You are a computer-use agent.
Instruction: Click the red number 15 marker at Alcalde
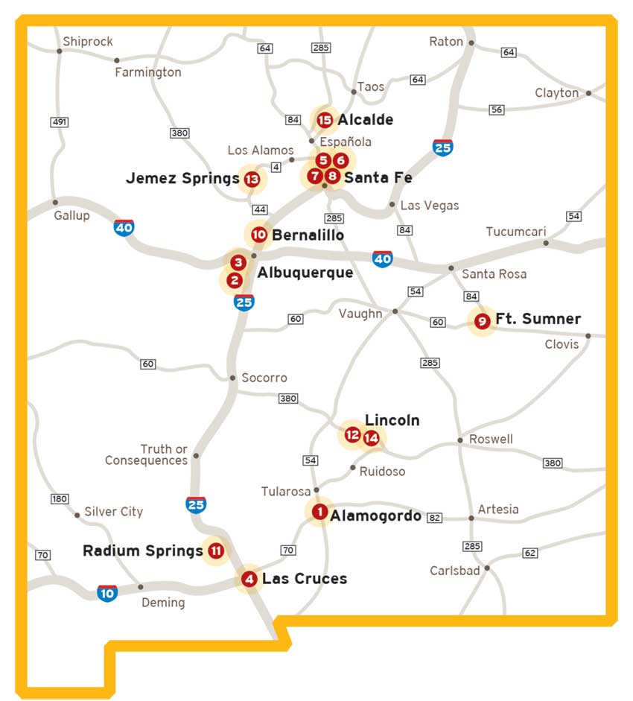pos(324,120)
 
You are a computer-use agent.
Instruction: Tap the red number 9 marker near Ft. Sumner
pos(482,321)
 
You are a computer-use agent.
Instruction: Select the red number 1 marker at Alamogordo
pos(319,512)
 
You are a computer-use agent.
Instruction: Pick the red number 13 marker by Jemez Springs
pos(252,179)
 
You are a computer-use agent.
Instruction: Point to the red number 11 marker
pos(216,551)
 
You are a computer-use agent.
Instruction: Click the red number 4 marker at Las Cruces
pos(249,579)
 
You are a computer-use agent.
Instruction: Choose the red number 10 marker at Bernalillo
pos(258,235)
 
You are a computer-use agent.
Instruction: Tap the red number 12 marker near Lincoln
pos(352,434)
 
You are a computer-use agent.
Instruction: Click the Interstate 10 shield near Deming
pos(107,593)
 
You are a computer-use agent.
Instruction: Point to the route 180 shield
pos(60,498)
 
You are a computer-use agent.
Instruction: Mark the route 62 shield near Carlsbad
pos(529,553)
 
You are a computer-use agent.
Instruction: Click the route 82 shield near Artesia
pos(436,518)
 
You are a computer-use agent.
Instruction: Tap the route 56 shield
pos(497,110)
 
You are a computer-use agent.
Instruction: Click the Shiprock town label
pos(87,42)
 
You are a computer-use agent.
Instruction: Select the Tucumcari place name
pos(516,232)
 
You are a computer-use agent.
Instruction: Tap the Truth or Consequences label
pos(146,454)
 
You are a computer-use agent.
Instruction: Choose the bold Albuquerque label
pos(305,273)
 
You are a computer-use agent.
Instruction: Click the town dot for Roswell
pos(461,440)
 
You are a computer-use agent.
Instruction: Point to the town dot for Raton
pos(471,42)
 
